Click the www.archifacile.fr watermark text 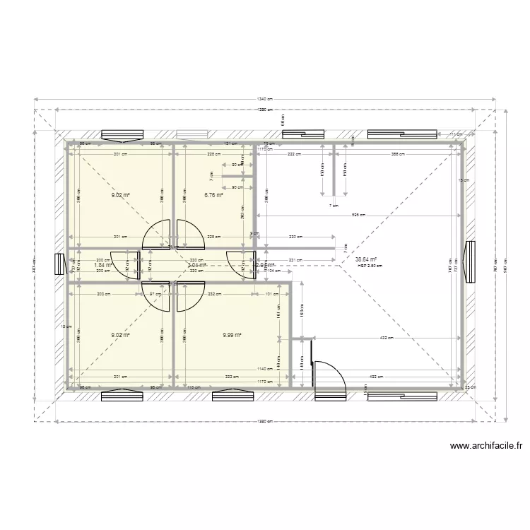(485, 446)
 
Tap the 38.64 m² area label (366, 259)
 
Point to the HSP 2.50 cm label (369, 266)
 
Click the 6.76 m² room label (213, 195)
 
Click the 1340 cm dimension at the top (265, 100)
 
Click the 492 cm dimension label (375, 376)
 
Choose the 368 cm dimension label (397, 154)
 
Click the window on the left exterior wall (59, 264)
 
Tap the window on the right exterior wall (469, 261)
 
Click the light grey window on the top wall (192, 134)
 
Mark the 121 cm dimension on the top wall (231, 143)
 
